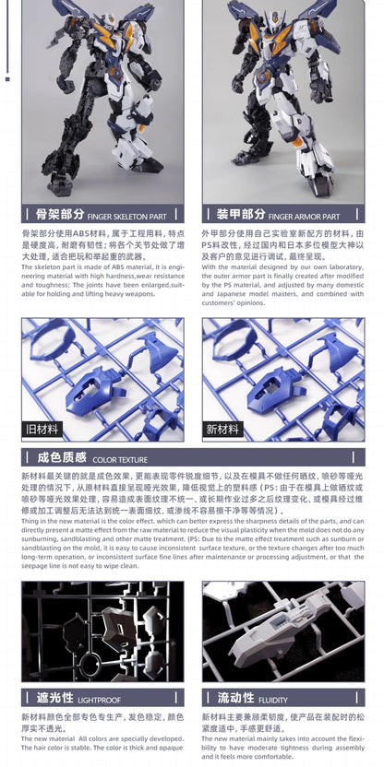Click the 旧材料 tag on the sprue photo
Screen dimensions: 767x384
click(42, 429)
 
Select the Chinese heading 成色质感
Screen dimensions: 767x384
click(62, 457)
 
